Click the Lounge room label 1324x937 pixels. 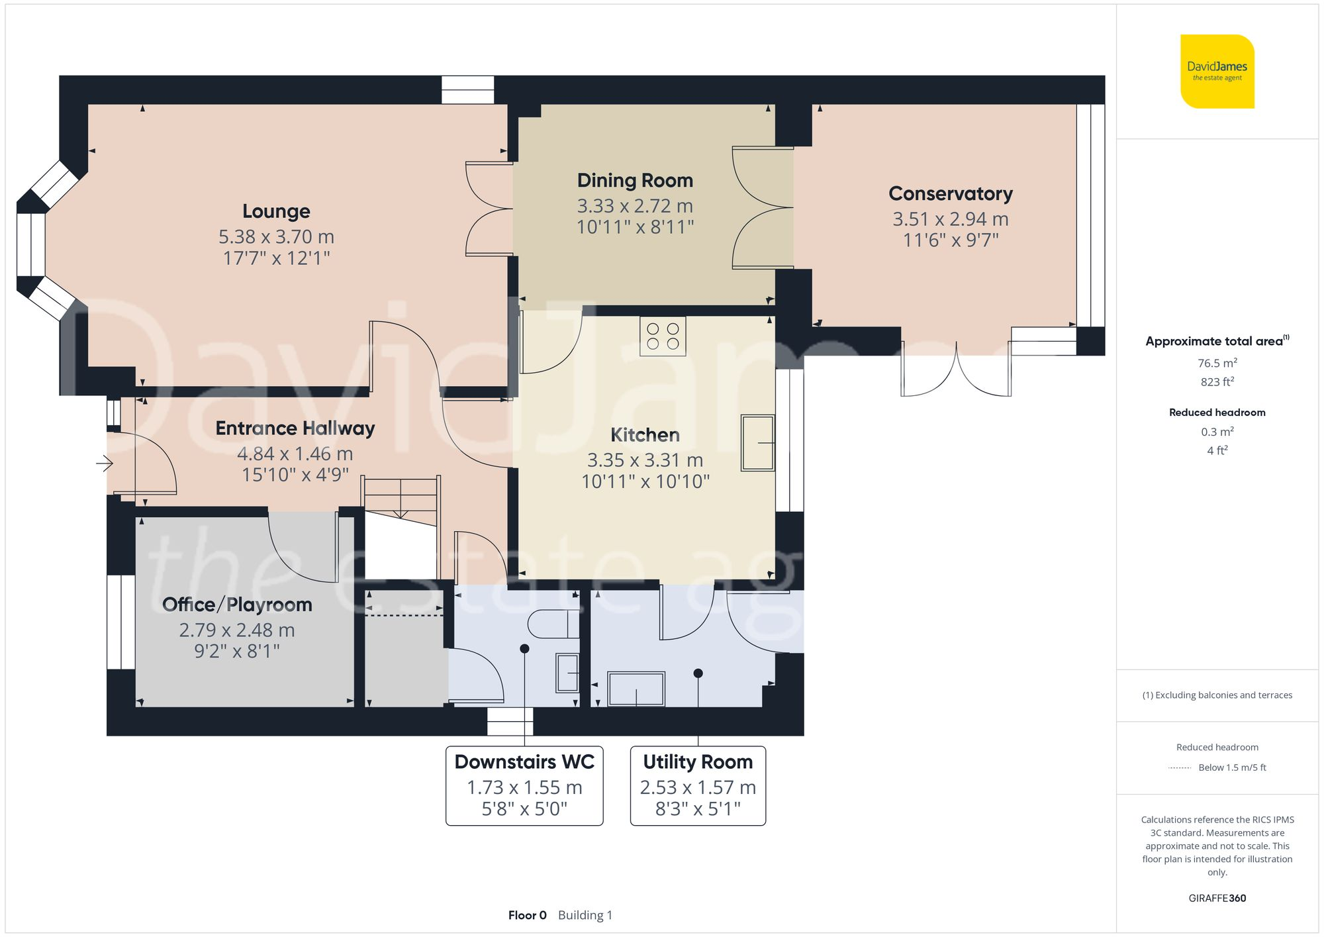[276, 211]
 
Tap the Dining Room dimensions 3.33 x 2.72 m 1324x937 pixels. [634, 206]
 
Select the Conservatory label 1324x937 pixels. [950, 193]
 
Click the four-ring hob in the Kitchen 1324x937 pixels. [663, 336]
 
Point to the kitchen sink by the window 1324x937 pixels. [758, 442]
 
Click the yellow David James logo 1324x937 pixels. [1217, 72]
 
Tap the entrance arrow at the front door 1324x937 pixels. [105, 463]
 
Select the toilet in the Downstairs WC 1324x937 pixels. [553, 623]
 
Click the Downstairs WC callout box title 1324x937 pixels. [524, 762]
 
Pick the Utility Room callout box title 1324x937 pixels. [698, 762]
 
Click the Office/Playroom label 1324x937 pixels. [237, 605]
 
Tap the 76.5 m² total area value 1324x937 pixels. [1217, 363]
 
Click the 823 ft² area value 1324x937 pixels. [1217, 382]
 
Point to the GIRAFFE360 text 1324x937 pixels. [1217, 898]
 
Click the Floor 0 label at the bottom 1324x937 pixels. [527, 915]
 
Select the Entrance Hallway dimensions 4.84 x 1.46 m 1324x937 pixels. [295, 454]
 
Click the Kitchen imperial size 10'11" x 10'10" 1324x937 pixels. [645, 481]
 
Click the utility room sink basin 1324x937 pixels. [636, 689]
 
